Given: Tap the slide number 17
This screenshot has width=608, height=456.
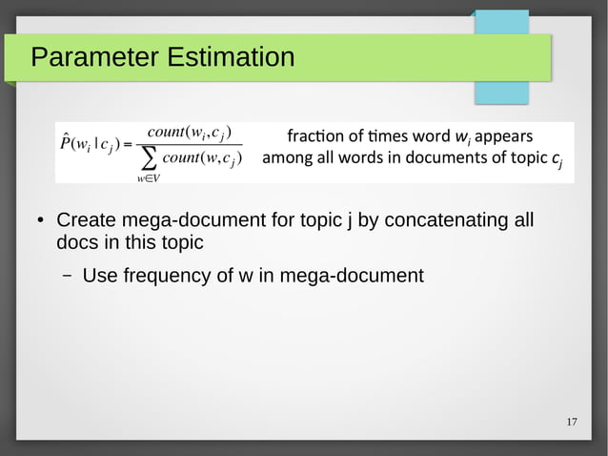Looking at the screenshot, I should point(572,423).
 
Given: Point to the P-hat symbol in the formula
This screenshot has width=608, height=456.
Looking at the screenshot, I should point(68,144).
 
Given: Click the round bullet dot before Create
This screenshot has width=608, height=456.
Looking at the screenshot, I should point(41,222).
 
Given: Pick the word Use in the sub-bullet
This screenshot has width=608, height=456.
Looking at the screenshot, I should point(101,277).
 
